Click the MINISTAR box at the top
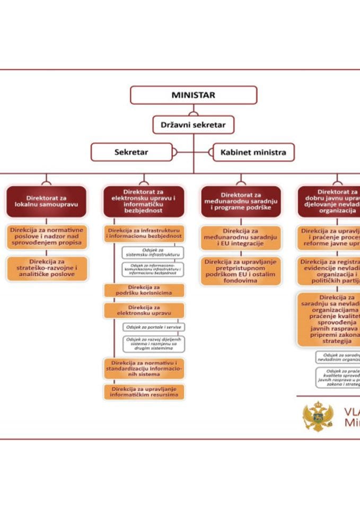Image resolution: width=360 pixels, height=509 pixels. pos(194,95)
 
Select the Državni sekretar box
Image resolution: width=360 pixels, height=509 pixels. pos(193,125)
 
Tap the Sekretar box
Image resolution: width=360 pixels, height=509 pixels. pos(131,152)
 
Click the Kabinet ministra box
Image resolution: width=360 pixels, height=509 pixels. pos(253,152)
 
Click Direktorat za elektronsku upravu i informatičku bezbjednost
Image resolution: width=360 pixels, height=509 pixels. pos(144,201)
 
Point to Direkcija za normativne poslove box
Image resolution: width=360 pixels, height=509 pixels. pos(47,237)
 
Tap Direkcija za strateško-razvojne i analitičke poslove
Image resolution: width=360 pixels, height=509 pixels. pos(47,268)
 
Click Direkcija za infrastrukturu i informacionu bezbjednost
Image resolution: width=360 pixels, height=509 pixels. pos(144,233)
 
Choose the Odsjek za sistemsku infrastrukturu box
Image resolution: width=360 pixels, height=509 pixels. pos(153,252)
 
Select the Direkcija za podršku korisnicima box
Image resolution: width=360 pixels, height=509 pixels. pos(144,291)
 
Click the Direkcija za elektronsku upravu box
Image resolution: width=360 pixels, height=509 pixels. pos(144,310)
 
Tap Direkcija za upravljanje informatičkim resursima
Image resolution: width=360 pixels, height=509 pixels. pos(144,392)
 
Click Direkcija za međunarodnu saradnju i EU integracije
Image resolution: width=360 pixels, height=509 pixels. pos(241,237)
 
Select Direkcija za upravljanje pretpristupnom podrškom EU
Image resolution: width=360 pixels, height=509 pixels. pos(241,271)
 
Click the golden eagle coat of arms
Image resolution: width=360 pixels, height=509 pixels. pos(318,416)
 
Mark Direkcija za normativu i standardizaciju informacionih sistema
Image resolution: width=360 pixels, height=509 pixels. pos(144,368)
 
